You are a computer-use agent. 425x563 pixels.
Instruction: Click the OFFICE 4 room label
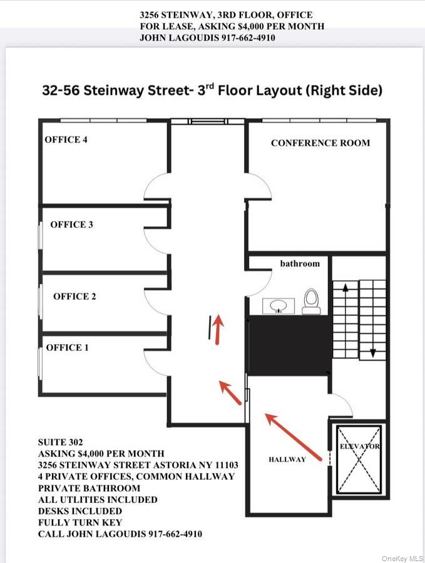click(x=66, y=139)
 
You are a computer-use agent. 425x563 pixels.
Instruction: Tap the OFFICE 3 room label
click(x=72, y=225)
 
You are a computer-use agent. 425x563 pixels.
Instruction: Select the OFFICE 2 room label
click(x=74, y=297)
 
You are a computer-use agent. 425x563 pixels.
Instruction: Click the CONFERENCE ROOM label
click(x=320, y=143)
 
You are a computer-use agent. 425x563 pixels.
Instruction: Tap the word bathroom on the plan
click(x=300, y=264)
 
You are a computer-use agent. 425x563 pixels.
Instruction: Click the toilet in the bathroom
click(x=310, y=301)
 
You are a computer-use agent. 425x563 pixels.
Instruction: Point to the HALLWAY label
click(x=287, y=460)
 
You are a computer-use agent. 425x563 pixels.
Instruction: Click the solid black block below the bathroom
click(x=289, y=346)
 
